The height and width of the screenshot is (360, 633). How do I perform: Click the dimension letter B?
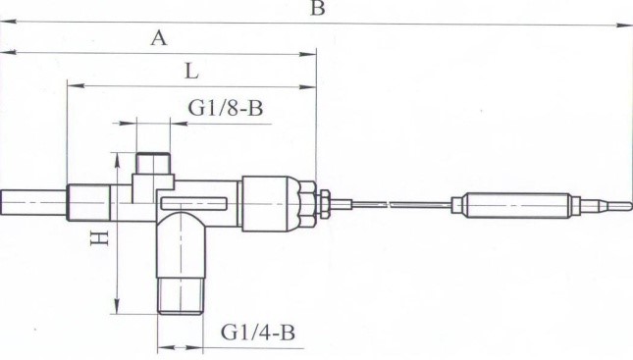point(318,8)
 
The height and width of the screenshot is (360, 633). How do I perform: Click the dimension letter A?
point(159,38)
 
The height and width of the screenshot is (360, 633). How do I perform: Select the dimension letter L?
point(191,72)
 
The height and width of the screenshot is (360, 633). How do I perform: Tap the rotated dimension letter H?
point(99,238)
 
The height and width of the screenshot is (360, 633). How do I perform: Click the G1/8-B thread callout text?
point(226,108)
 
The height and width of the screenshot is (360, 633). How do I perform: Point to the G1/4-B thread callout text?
point(258,333)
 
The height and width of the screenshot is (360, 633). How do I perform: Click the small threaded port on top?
point(152,163)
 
